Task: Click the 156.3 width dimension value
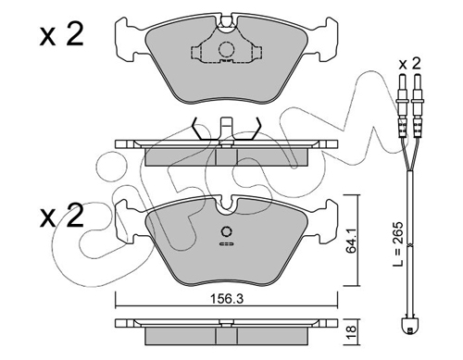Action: pos(227,299)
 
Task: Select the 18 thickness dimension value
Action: pos(352,332)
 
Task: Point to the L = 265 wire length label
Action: pos(398,243)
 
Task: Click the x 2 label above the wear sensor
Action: pos(409,64)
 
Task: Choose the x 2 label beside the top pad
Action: pos(62,35)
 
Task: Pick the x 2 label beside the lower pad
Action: pos(62,216)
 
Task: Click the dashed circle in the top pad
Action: pos(227,49)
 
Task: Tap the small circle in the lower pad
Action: pos(227,231)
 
